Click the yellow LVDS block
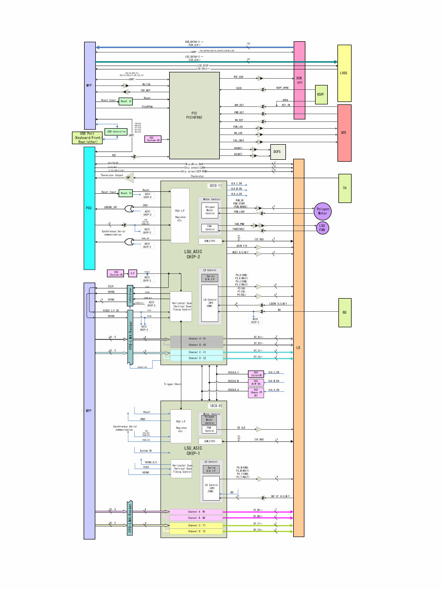[344, 73]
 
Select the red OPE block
[344, 133]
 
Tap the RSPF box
[321, 94]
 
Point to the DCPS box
[278, 151]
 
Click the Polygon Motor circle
[322, 211]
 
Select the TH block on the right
[344, 188]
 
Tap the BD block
[344, 313]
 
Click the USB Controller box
[116, 132]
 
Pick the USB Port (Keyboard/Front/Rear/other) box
[88, 138]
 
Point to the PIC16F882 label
[194, 117]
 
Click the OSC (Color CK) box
[256, 373]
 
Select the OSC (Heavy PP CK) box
[256, 392]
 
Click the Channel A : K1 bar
[196, 338]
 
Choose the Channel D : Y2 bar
[196, 532]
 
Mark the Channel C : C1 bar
[196, 352]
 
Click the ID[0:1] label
[215, 185]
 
